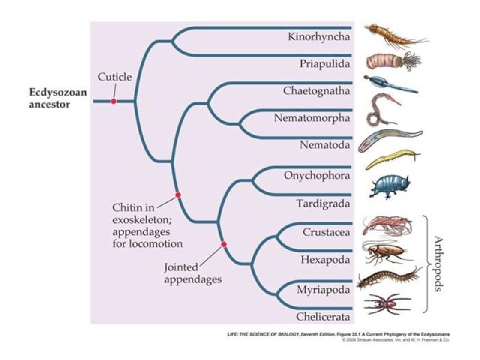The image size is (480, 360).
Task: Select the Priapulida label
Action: click(325, 63)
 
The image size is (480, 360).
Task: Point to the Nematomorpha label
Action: click(312, 118)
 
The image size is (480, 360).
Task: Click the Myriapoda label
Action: click(323, 290)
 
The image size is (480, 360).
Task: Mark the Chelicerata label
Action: click(323, 316)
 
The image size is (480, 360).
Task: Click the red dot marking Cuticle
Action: click(113, 101)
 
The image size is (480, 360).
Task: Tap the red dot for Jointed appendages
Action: click(224, 244)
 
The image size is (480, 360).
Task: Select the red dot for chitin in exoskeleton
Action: click(178, 195)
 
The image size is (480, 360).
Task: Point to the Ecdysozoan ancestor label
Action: click(59, 98)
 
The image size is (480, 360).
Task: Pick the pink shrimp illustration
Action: click(387, 226)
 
